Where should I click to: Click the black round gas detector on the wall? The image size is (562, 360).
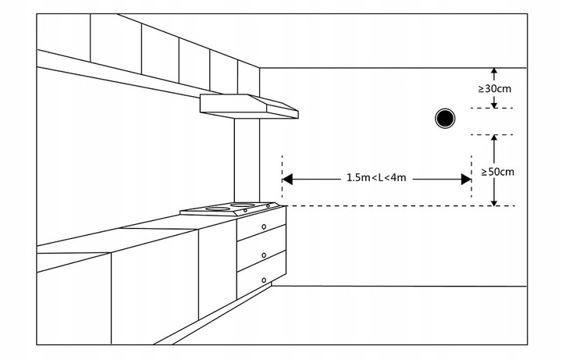[445, 118]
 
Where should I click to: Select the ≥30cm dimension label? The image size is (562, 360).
[495, 88]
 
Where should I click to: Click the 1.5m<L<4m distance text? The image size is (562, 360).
[376, 178]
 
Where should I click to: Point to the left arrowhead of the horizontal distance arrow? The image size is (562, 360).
[286, 179]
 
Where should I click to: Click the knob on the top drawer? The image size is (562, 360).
[264, 227]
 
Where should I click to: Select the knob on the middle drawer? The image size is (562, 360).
[264, 255]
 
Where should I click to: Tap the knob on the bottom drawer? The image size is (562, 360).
[264, 280]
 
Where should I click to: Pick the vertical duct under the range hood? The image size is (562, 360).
[246, 160]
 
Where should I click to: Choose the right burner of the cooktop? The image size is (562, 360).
[244, 205]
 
